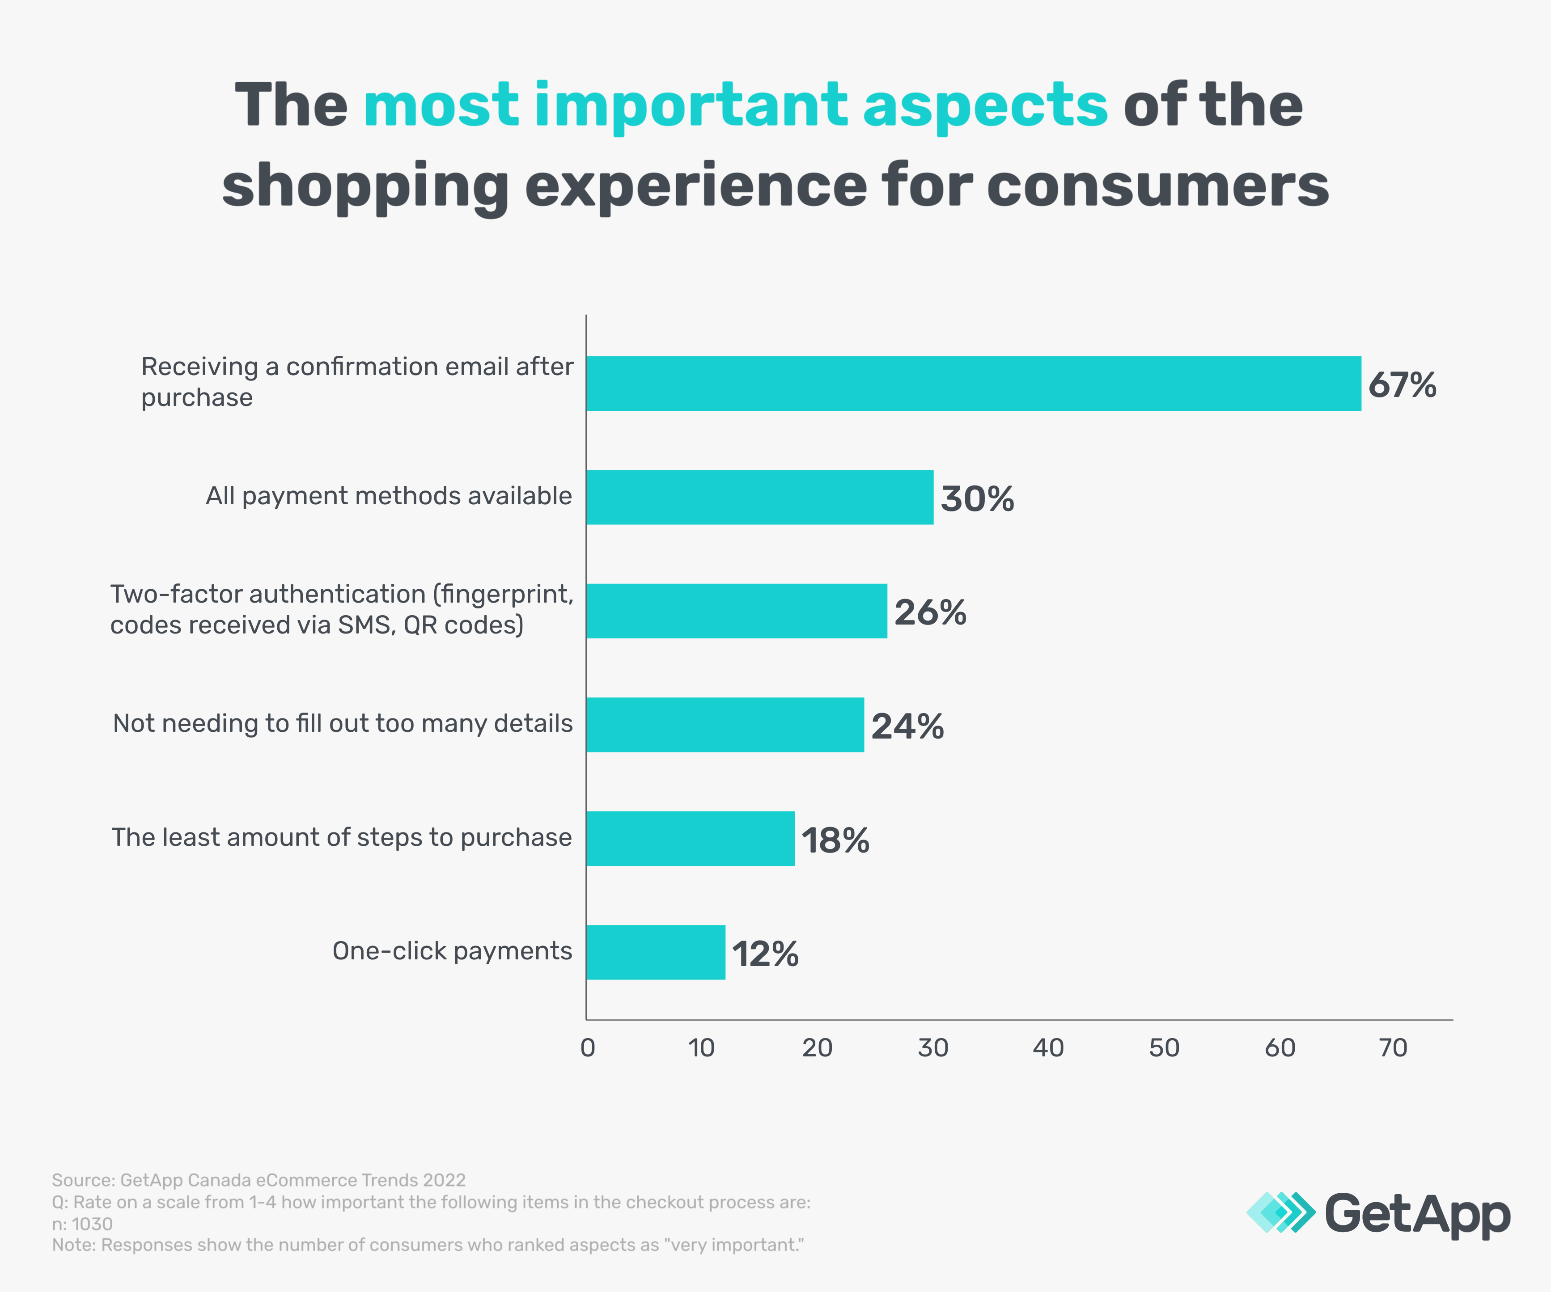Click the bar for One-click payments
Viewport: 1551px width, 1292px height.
click(656, 952)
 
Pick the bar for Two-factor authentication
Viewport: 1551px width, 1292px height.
click(736, 611)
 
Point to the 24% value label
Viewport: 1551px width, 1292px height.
click(907, 726)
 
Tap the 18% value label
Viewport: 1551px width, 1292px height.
click(835, 840)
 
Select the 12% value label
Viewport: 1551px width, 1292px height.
click(765, 954)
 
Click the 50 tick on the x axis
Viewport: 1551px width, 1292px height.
click(1164, 1047)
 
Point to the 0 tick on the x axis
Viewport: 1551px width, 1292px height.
click(588, 1047)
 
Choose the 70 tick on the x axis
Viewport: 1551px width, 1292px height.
click(1393, 1047)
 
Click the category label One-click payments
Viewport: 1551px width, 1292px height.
click(452, 951)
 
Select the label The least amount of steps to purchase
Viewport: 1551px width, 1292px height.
click(341, 837)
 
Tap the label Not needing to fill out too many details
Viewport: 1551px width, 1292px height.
click(343, 723)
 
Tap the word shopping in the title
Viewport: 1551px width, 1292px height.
click(365, 187)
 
